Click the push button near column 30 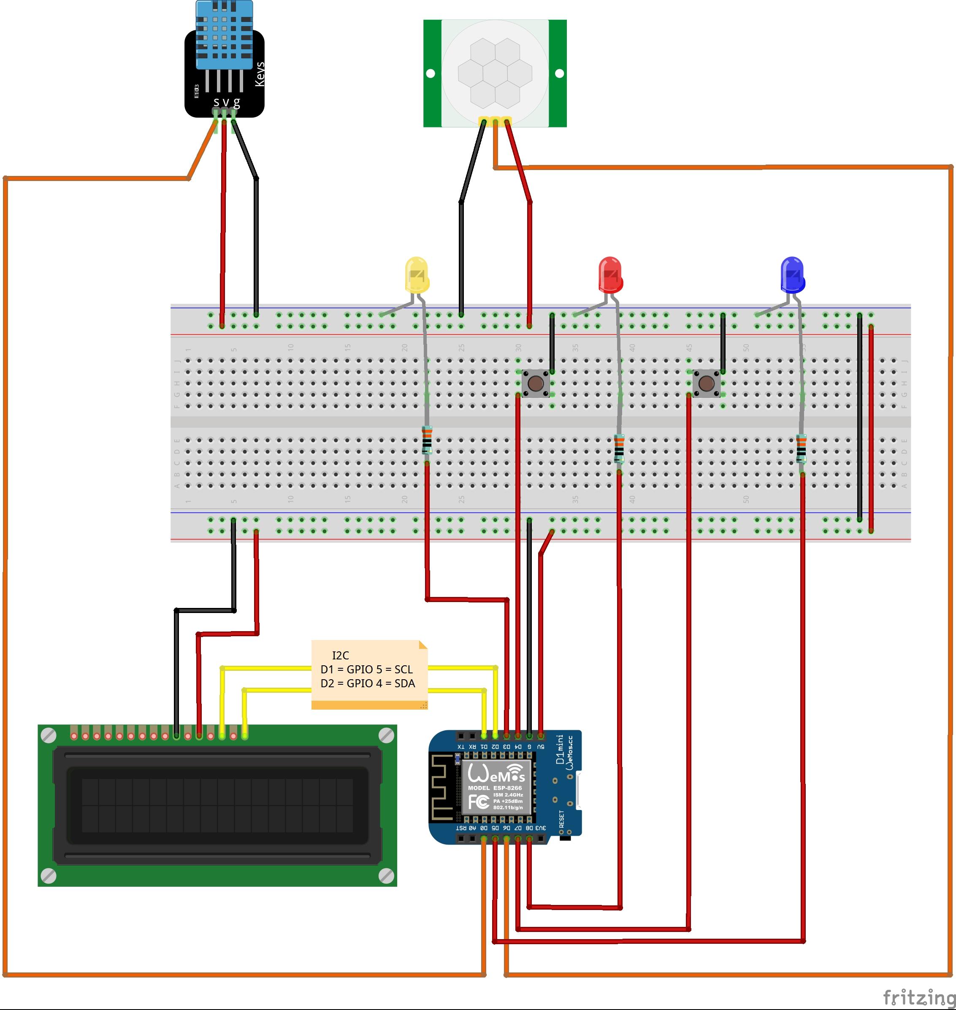(x=535, y=383)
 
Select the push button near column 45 (x=706, y=383)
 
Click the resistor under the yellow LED (x=427, y=441)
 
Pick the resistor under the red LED (x=619, y=448)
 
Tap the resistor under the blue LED (x=801, y=448)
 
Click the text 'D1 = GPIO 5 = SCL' (x=366, y=669)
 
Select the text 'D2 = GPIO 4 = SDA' (x=368, y=683)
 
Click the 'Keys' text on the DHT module (x=260, y=74)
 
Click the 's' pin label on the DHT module (x=216, y=103)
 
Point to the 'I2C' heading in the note (x=341, y=656)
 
